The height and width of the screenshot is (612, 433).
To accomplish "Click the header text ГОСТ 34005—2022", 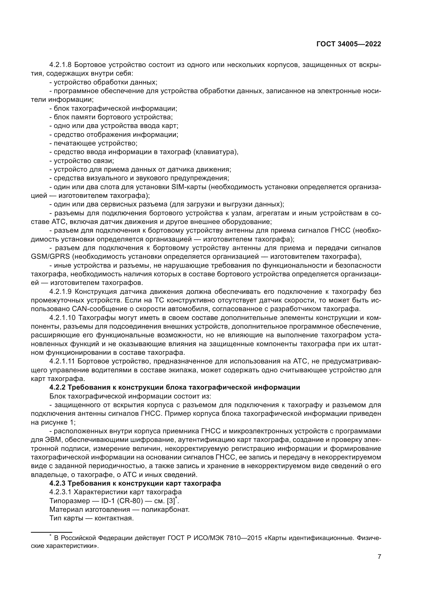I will click(348, 44).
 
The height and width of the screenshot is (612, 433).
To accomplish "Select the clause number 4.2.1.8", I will click(60, 65).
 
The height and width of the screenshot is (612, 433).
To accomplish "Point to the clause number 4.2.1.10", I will click(62, 318).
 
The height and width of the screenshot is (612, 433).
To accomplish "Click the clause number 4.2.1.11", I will click(62, 361).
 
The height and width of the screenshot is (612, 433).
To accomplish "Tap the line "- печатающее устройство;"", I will click(93, 143).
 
